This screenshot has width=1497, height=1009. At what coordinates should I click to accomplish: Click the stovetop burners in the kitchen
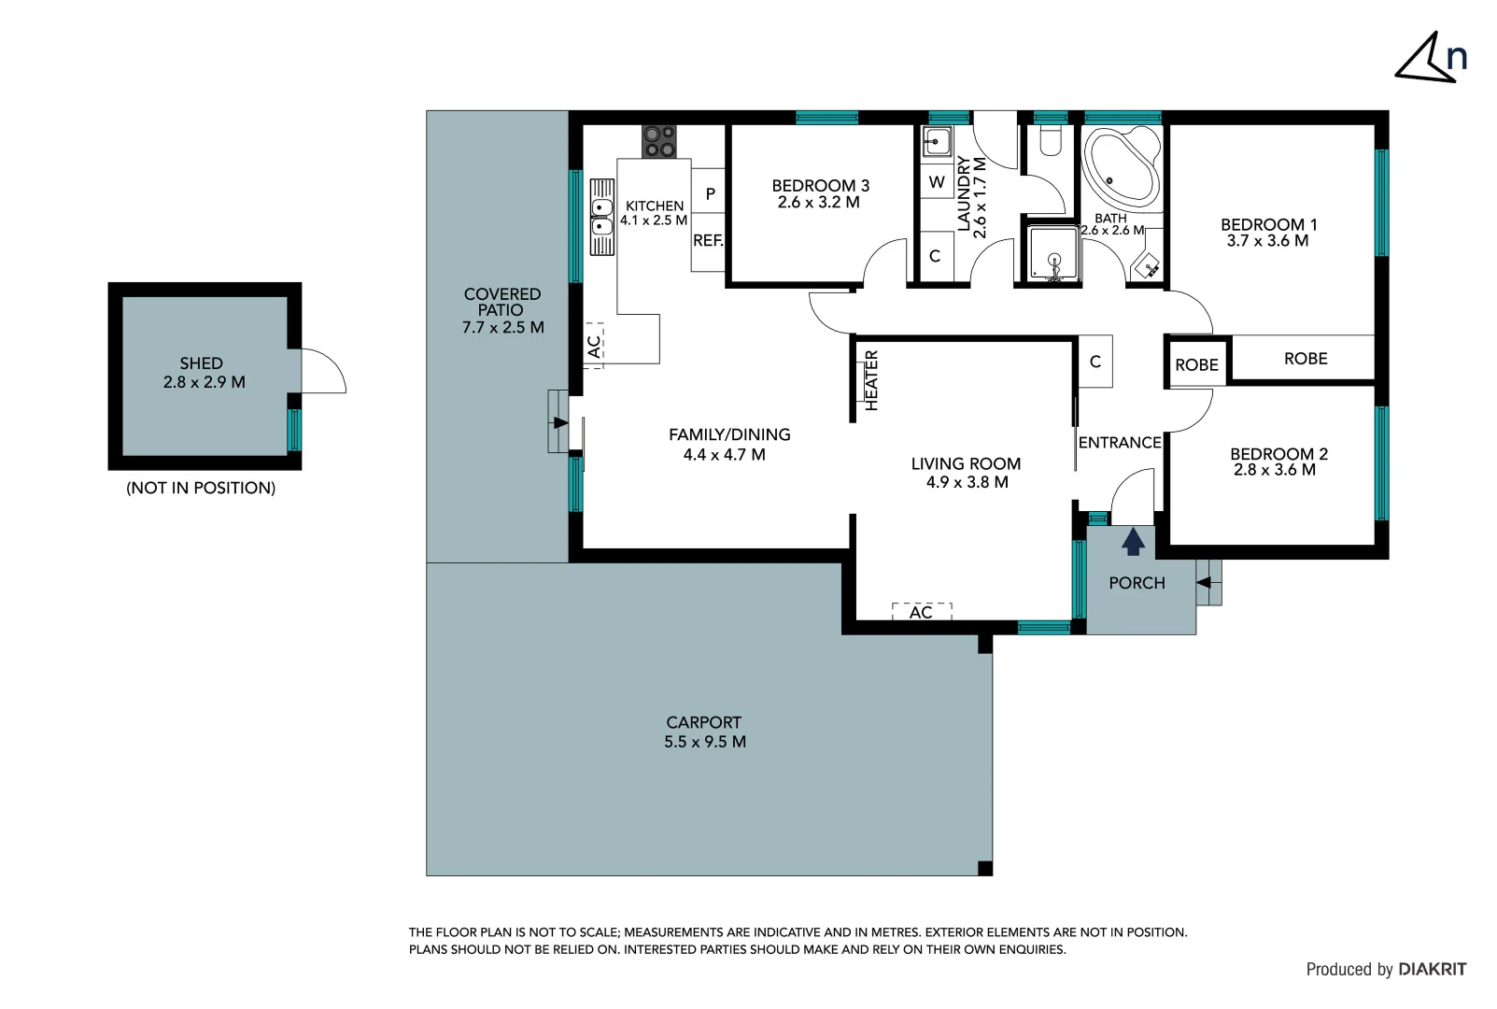pos(659,142)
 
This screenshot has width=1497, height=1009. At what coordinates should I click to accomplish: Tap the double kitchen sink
pos(602,217)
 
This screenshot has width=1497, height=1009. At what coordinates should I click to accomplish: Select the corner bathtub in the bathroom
pos(1121,166)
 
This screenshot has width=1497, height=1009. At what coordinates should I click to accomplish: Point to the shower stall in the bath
pos(1053,253)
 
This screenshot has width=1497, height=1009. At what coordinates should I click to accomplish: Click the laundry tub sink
pos(937,143)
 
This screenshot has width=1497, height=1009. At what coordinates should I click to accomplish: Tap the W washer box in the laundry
pos(937,183)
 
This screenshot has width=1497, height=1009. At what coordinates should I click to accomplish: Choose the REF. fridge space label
pos(708,241)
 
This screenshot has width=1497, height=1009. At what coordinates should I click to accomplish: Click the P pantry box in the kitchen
pos(710,194)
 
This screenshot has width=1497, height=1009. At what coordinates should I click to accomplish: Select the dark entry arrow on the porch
pos(1133,542)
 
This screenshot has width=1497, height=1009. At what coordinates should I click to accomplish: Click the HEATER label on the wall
pos(871,380)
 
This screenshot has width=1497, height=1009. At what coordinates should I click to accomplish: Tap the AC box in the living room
pos(921,612)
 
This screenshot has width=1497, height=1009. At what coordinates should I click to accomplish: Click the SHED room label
pos(201,363)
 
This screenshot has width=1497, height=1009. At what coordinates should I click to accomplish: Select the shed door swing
pos(323,371)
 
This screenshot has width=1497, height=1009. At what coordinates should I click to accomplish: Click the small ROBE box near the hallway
pos(1196,365)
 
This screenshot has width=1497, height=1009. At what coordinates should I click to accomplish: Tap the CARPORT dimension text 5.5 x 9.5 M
pos(705,742)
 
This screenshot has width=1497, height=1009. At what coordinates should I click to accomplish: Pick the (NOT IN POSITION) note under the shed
pos(201,488)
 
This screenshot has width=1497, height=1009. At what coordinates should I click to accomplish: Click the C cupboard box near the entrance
pos(1095,362)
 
